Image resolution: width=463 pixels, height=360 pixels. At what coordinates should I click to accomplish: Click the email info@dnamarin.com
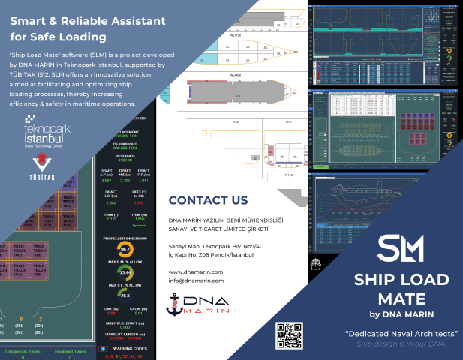[x=197, y=280]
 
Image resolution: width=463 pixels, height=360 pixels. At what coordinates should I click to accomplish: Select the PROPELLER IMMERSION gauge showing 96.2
[x=125, y=248]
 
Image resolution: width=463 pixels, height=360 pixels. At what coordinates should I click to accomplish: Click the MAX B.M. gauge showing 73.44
[x=125, y=272]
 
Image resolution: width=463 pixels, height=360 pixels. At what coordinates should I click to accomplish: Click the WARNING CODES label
[x=130, y=348]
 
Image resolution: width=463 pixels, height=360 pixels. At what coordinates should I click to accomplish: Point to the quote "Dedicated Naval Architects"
[x=401, y=333]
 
